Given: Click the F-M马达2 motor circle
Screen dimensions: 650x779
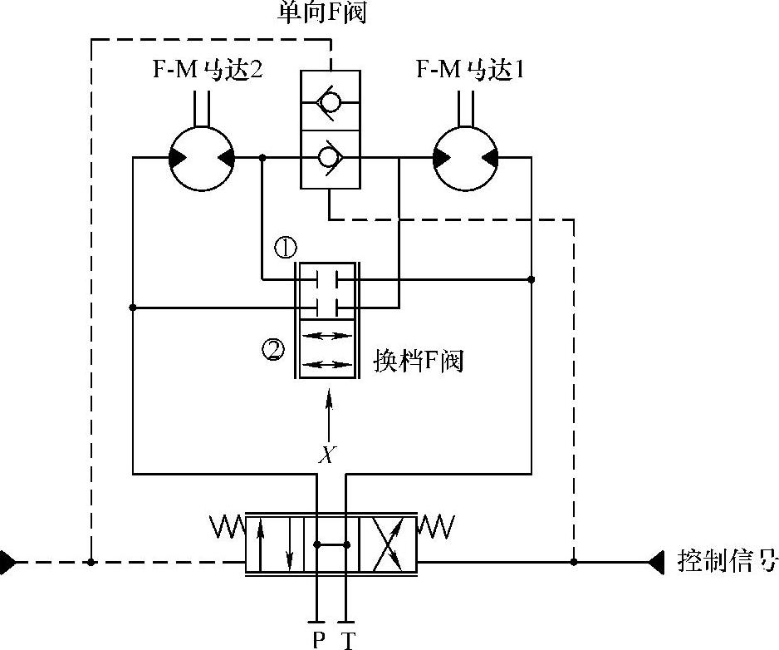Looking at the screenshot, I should [202, 158].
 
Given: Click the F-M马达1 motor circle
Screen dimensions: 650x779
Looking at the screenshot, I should [466, 158].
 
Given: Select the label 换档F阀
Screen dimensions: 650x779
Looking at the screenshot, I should [418, 362].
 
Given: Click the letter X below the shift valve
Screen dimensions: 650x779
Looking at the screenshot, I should [329, 454].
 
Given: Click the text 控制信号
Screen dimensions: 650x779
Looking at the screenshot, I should [728, 561].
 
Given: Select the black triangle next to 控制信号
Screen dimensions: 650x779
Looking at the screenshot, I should [657, 562].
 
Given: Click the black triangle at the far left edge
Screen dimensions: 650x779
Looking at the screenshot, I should [7, 562].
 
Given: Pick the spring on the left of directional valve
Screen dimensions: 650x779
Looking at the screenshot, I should [225, 526].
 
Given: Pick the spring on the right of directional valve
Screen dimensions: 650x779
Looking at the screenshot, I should [437, 526].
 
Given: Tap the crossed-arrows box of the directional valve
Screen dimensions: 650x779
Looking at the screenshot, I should [391, 544].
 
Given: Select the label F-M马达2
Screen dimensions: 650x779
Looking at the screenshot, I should [208, 70].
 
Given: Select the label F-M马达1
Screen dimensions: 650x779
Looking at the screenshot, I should [471, 70].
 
